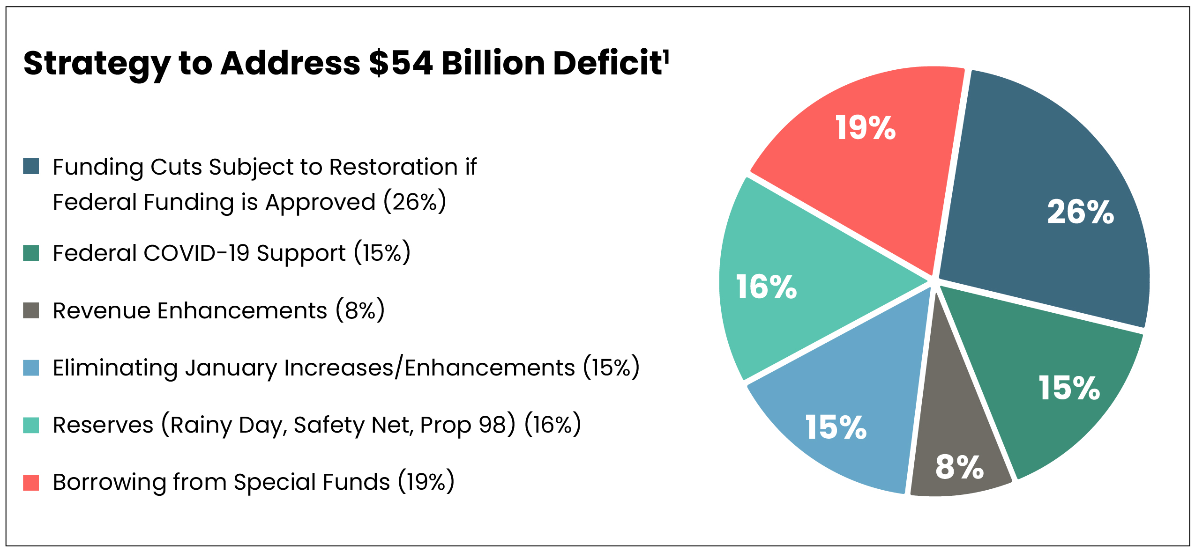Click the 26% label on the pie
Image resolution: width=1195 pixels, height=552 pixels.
(1080, 212)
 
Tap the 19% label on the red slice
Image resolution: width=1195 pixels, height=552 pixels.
(865, 128)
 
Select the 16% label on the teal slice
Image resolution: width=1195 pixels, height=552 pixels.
(766, 287)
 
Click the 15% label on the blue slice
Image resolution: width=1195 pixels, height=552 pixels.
(836, 427)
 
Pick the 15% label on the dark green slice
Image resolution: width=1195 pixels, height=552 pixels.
(1069, 388)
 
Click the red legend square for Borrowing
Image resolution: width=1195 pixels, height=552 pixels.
(31, 482)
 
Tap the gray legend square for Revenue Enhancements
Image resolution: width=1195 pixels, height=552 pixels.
(31, 310)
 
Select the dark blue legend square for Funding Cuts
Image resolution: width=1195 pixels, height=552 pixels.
(31, 166)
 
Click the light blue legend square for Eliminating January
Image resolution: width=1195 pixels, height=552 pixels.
(31, 368)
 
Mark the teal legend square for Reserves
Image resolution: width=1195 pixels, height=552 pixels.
(31, 425)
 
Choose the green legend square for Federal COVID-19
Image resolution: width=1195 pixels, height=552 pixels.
(31, 253)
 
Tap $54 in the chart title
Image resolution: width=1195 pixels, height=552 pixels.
(401, 63)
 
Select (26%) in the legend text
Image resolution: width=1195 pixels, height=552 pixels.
(415, 202)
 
